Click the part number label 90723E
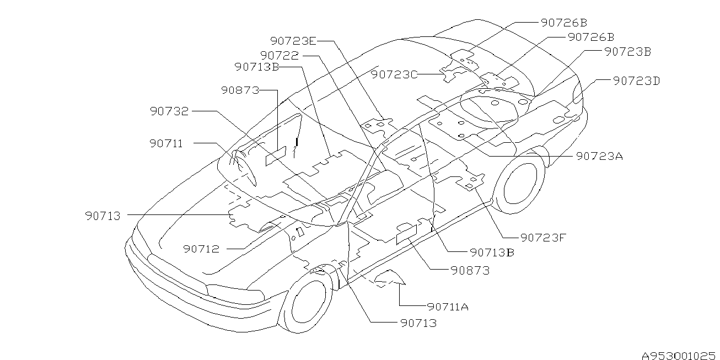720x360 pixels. tap(293, 41)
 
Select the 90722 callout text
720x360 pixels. tap(280, 56)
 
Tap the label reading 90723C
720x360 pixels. tap(394, 74)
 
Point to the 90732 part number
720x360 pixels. tap(169, 111)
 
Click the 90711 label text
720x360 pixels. tap(166, 143)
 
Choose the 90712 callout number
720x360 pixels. tap(201, 249)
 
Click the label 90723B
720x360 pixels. tap(628, 51)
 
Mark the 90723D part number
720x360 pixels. tap(636, 81)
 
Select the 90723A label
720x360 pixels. tap(599, 156)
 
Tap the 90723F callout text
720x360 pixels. tap(544, 238)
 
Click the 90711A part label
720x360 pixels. tap(448, 307)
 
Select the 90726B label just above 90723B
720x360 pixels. tap(590, 37)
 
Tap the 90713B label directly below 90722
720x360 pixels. tap(256, 67)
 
